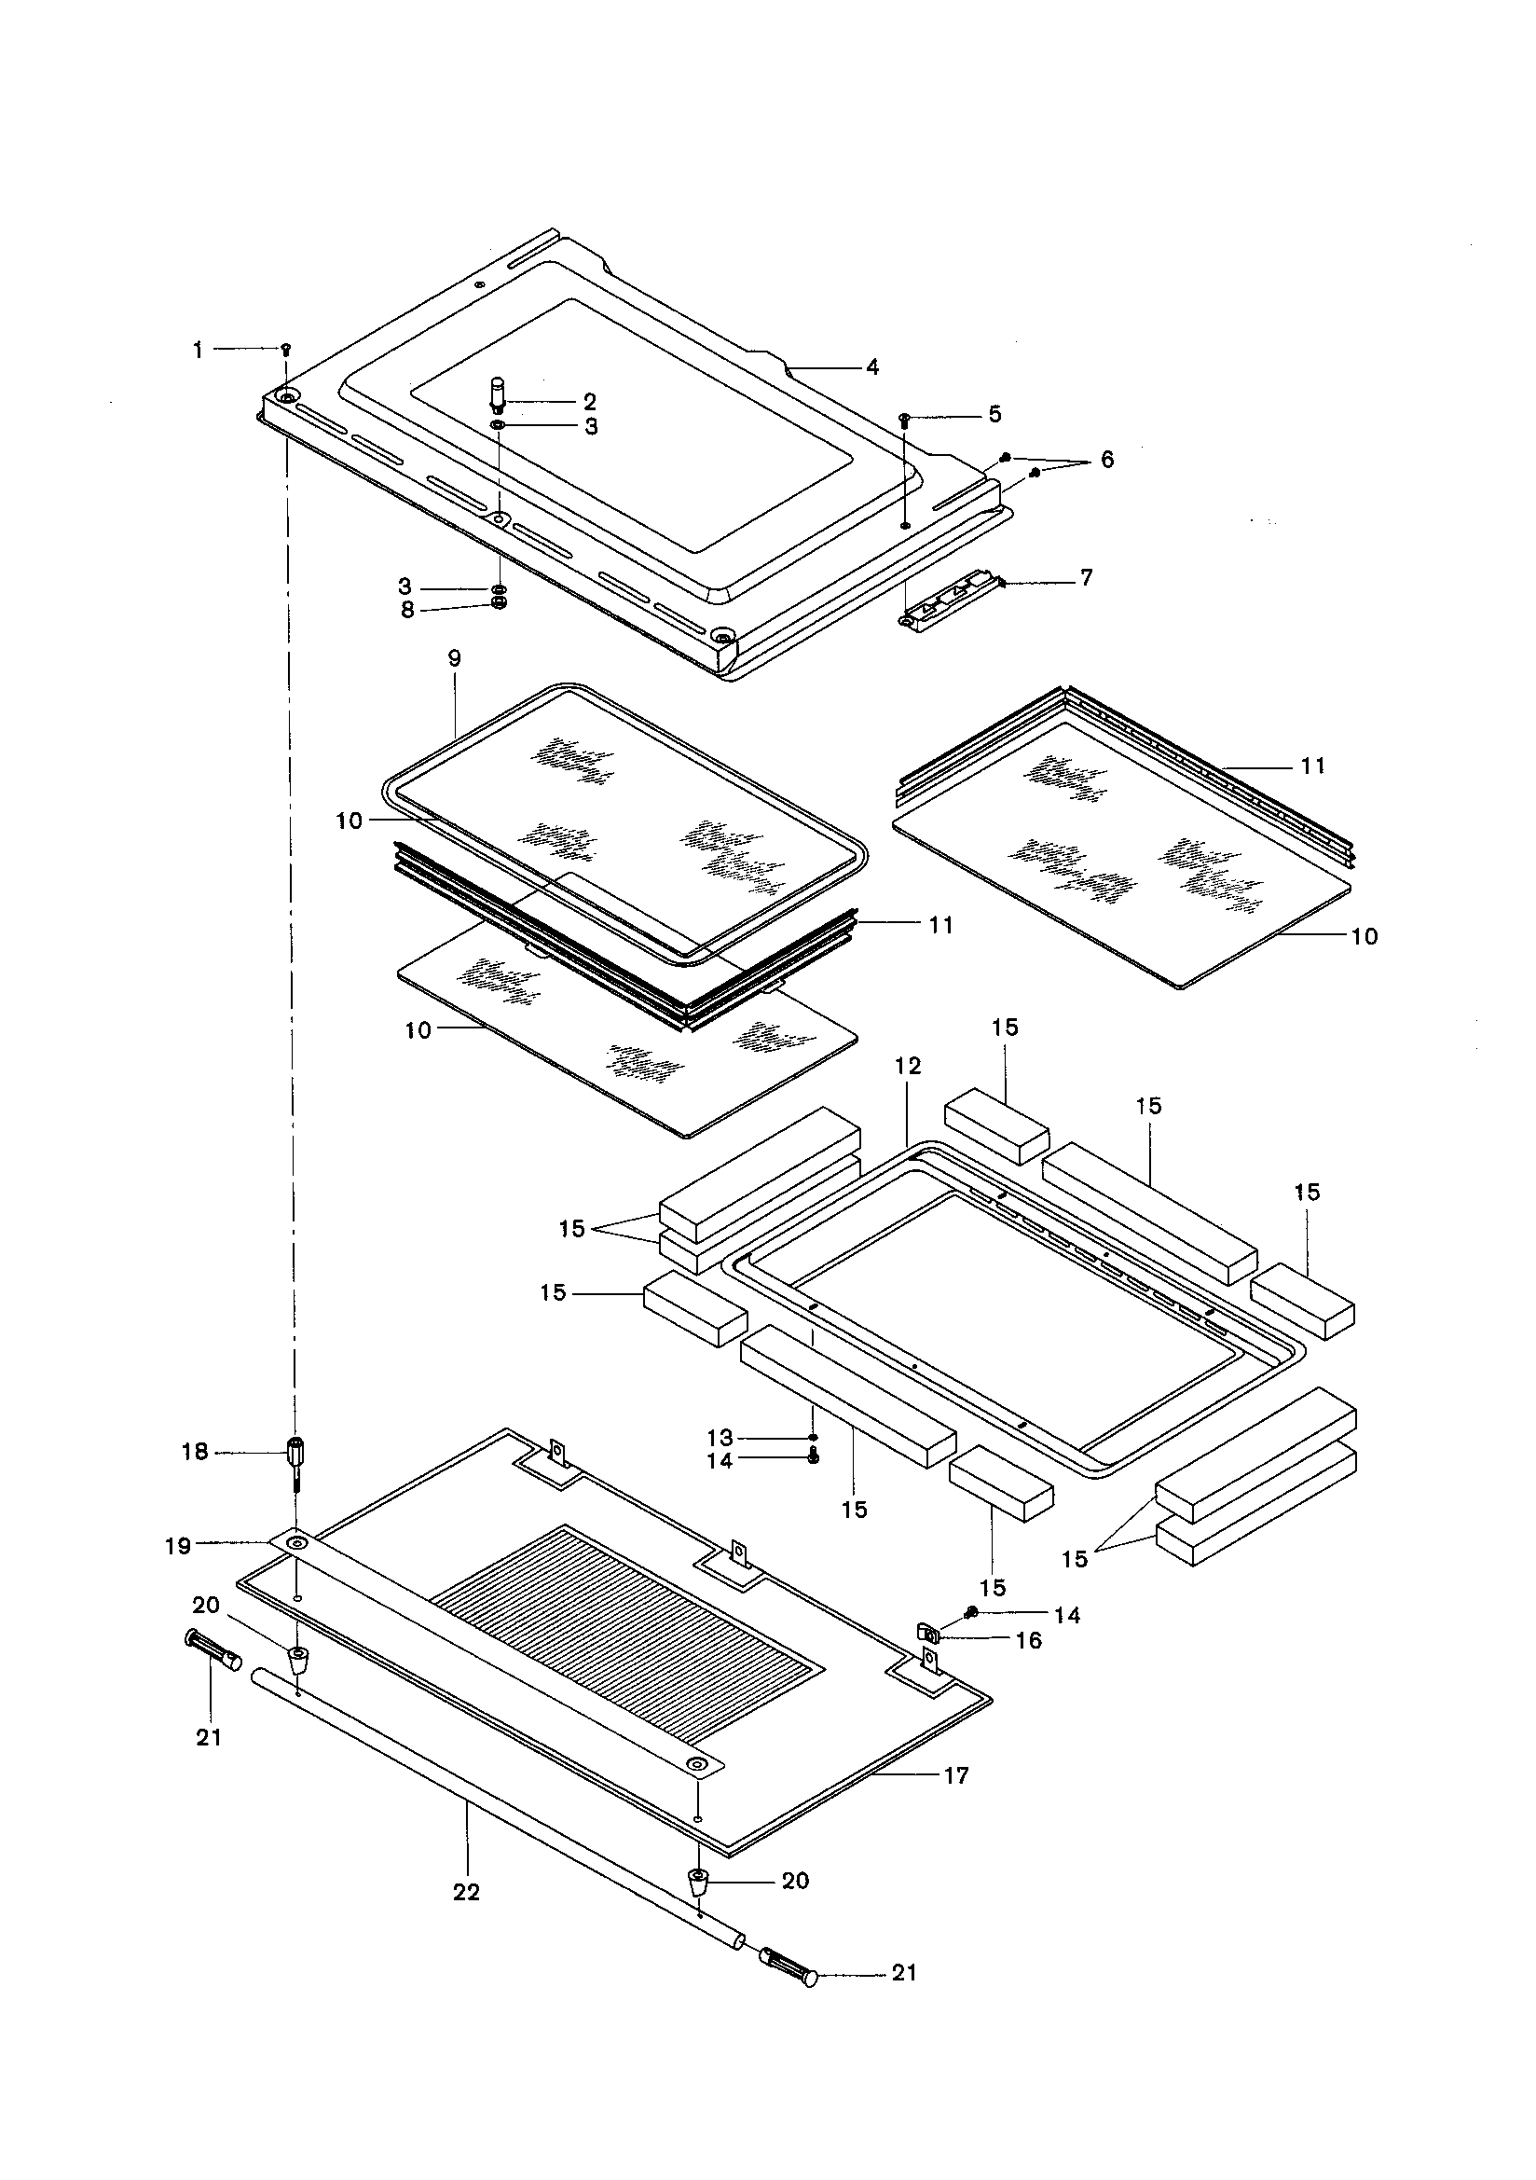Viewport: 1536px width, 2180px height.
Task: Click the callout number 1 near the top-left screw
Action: pos(199,351)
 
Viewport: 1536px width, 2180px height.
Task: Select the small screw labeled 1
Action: pos(286,350)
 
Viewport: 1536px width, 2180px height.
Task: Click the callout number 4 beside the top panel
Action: pos(871,366)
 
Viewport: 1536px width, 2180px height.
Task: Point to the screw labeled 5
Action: pos(904,418)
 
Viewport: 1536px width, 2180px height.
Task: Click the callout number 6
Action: pos(1107,460)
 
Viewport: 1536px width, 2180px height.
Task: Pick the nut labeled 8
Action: pos(500,604)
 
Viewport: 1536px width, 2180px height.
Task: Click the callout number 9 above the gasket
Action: pos(454,658)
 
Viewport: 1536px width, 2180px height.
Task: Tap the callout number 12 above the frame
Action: pos(908,1066)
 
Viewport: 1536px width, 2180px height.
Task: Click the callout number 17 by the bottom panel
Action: pos(956,1775)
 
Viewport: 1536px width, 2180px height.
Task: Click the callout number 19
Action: pos(177,1546)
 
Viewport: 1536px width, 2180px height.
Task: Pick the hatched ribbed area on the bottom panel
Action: pos(626,1605)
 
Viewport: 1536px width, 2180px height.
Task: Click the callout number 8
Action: pos(407,610)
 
